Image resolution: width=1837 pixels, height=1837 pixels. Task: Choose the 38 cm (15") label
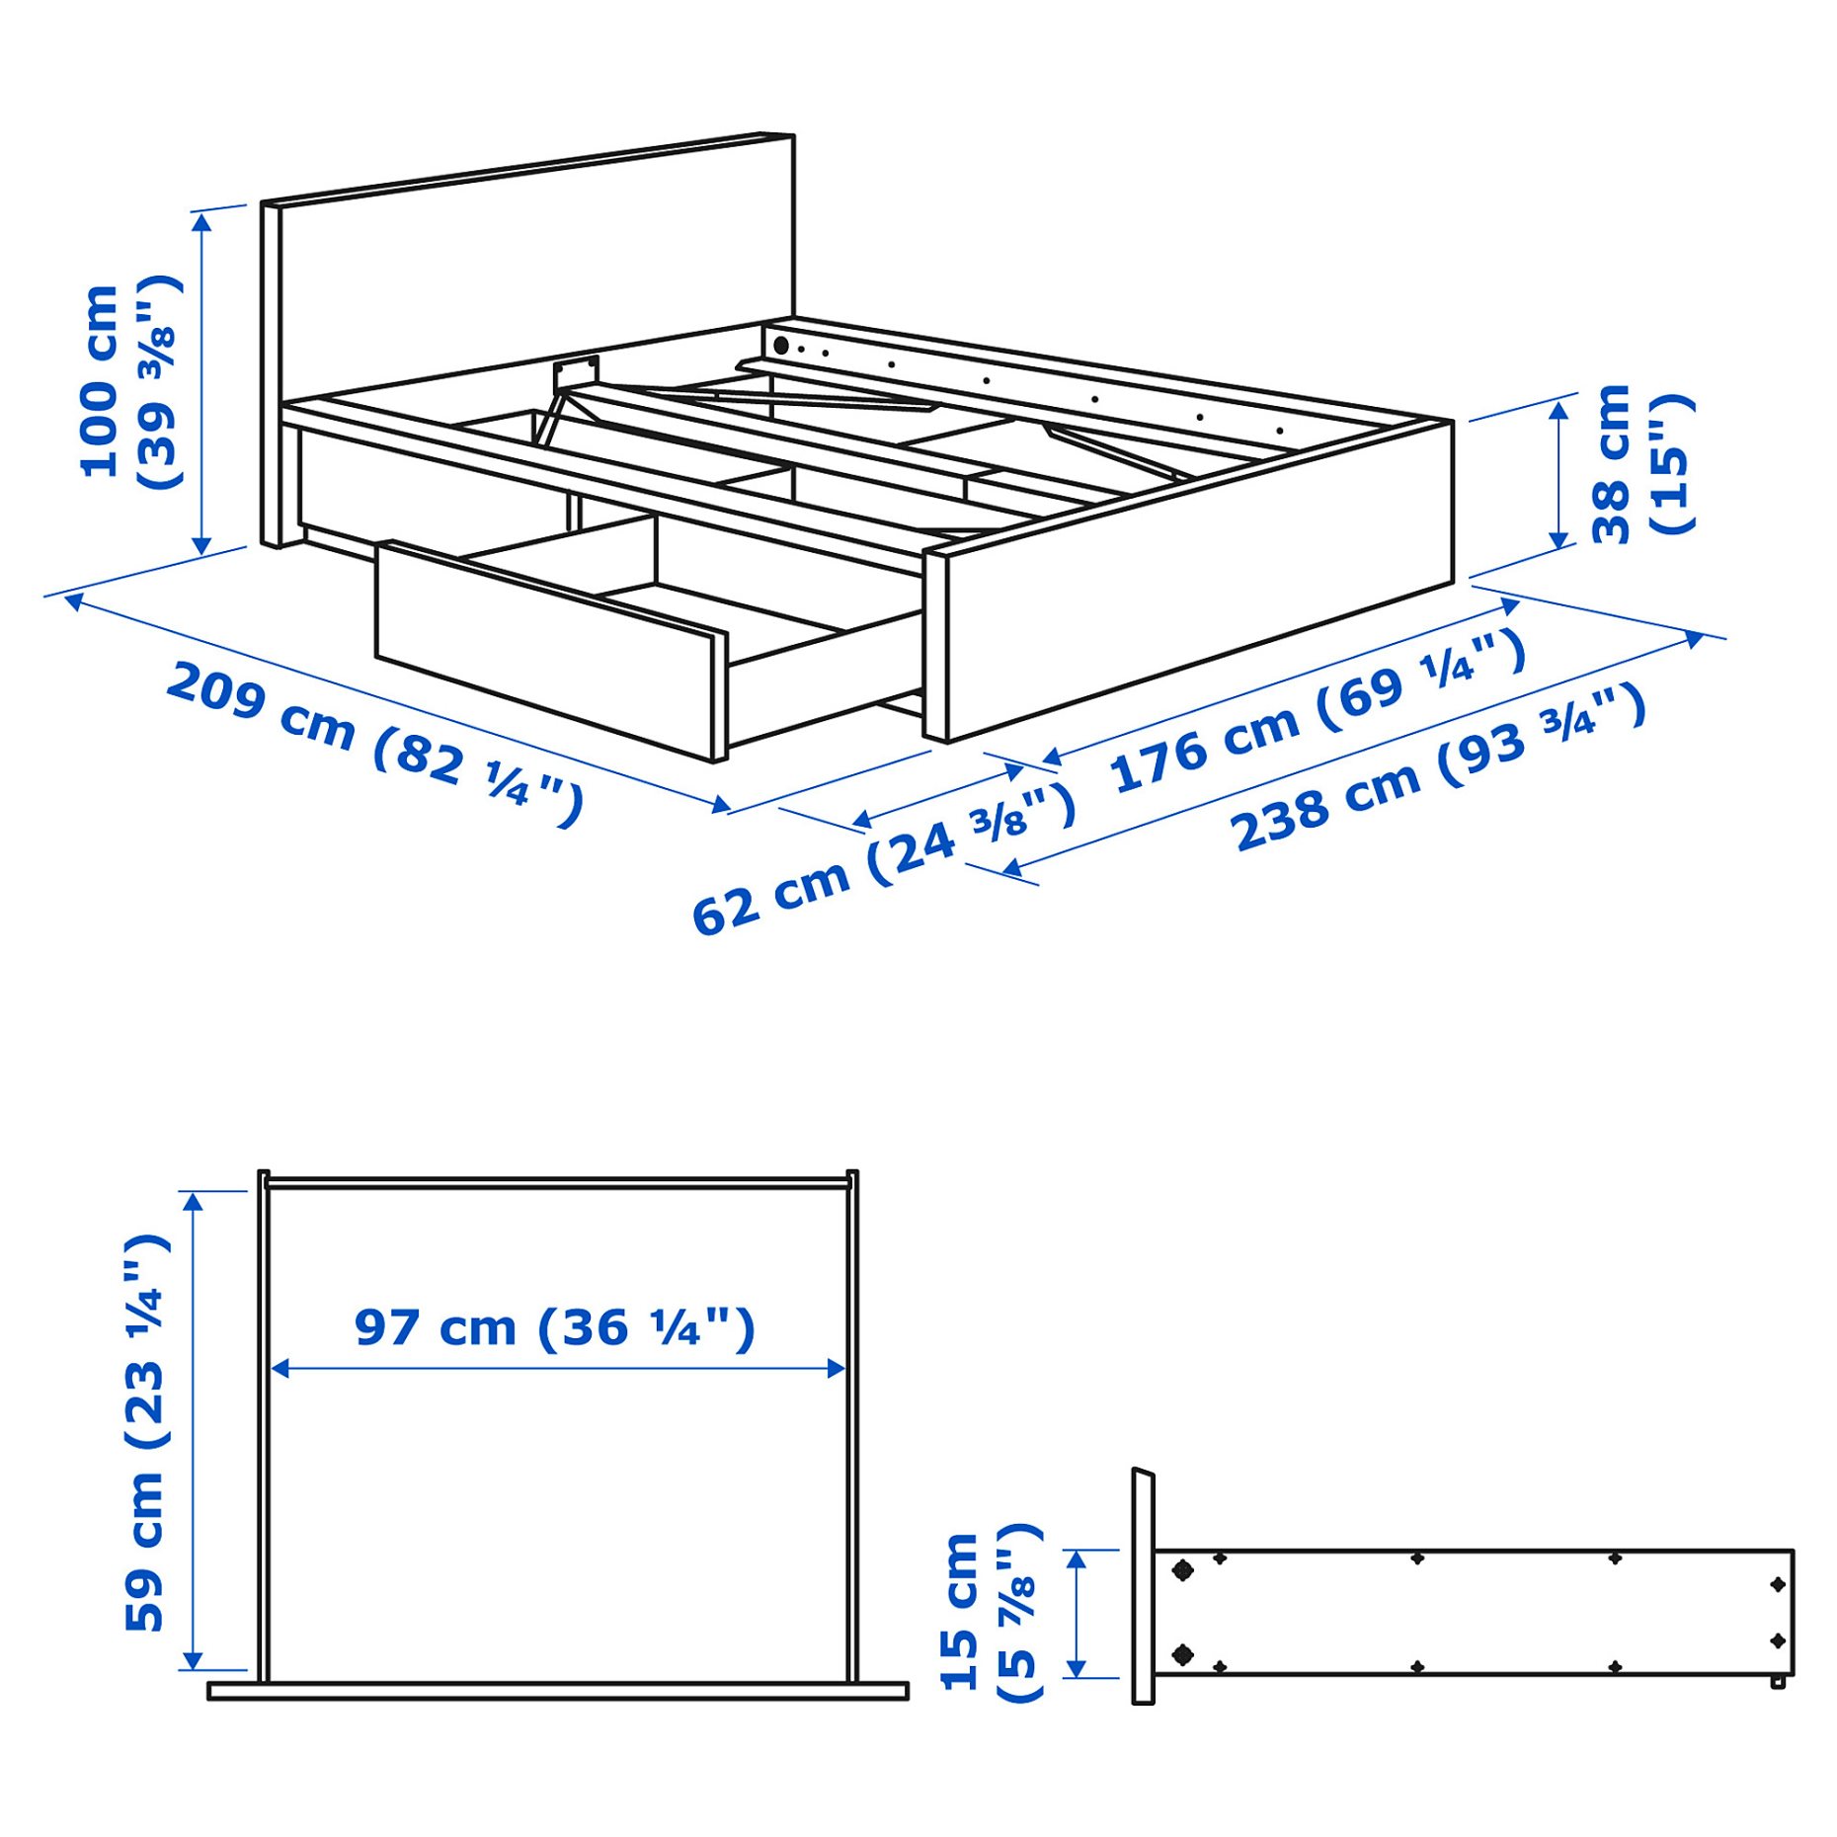coord(1640,463)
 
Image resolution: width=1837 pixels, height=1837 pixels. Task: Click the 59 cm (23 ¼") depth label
coord(144,1432)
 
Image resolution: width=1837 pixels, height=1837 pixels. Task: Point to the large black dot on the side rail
coord(780,346)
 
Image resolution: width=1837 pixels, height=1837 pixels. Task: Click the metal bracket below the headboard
coord(576,374)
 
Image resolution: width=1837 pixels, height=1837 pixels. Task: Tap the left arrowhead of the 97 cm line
coord(280,1368)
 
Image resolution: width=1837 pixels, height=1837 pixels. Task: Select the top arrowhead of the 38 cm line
coord(1558,410)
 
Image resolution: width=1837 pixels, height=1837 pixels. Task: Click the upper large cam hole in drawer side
coord(1181,1569)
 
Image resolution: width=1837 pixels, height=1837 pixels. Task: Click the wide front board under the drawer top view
coord(557,1692)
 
